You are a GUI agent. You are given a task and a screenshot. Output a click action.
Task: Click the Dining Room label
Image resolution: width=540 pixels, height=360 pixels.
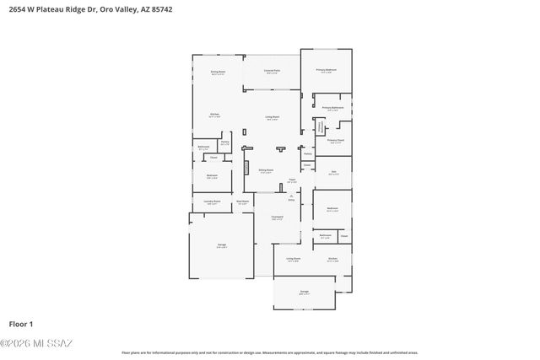coord(218,73)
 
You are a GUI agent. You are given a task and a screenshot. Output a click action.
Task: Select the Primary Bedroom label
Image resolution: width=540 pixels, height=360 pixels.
coord(327,70)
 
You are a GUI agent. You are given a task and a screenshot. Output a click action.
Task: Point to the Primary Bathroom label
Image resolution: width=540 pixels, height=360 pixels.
coord(332,108)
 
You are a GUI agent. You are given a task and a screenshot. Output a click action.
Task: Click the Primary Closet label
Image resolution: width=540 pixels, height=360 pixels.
coord(335,141)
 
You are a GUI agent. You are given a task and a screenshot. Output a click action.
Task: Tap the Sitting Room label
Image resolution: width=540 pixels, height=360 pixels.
coord(265,171)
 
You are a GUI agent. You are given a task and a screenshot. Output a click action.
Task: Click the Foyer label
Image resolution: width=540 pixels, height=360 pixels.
coord(292,180)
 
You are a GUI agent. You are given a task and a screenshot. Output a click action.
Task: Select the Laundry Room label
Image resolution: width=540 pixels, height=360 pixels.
coord(212,201)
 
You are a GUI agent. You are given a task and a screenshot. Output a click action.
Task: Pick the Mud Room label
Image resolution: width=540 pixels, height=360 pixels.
coord(241,201)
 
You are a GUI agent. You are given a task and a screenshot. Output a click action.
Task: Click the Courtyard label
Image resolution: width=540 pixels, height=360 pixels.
coord(277,218)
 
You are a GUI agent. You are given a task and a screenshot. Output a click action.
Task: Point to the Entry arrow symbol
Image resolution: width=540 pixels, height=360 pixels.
coord(291,196)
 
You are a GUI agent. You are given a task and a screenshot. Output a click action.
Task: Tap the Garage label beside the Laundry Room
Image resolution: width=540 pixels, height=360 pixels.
coord(221,246)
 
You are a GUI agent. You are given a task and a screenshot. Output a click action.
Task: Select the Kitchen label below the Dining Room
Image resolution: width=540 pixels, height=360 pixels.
coord(215,116)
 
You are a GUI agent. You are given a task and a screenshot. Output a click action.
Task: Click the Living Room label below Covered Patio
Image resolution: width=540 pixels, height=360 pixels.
coord(273,118)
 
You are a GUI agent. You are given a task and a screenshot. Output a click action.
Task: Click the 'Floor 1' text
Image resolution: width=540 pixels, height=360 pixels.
coord(20,324)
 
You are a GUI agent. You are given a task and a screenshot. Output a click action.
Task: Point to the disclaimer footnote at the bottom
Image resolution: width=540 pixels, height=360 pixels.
coord(270,352)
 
